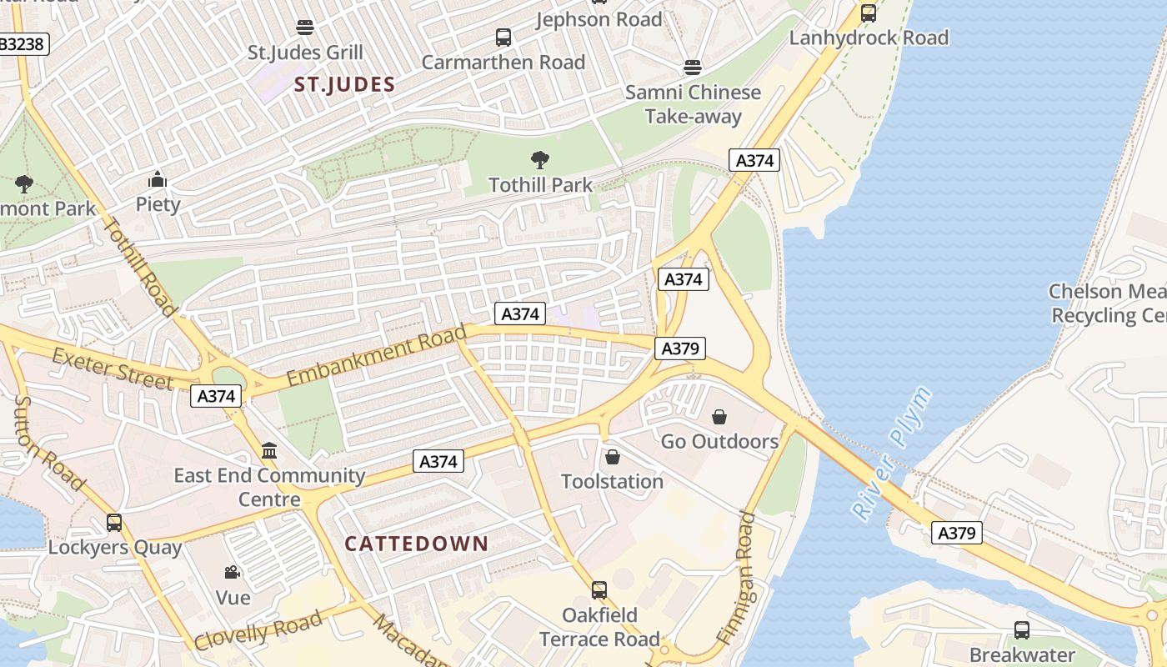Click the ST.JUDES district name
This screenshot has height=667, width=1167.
click(344, 84)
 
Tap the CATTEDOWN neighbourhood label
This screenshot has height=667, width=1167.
click(417, 544)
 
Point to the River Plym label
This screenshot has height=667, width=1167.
click(890, 454)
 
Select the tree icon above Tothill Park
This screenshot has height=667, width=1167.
click(540, 159)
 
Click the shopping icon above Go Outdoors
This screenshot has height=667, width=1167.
click(719, 416)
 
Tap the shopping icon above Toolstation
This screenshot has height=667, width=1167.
click(613, 456)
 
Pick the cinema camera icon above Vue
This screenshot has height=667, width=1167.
click(233, 573)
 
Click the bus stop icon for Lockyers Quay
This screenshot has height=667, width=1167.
click(114, 523)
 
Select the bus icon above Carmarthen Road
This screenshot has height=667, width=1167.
click(503, 37)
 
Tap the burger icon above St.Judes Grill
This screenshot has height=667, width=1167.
click(305, 27)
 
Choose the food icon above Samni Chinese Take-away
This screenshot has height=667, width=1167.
click(693, 67)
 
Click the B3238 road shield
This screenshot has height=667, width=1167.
click(23, 44)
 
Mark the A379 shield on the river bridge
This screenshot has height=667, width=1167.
click(957, 533)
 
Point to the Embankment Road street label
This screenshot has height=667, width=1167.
click(376, 357)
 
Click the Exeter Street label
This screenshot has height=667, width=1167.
click(113, 369)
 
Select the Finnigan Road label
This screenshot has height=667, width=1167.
click(734, 578)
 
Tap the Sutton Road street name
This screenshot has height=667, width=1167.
click(50, 443)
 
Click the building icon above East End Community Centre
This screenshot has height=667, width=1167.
click(269, 451)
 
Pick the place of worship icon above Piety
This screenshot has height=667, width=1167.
click(158, 179)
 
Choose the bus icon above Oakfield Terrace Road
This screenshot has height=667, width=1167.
click(599, 590)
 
